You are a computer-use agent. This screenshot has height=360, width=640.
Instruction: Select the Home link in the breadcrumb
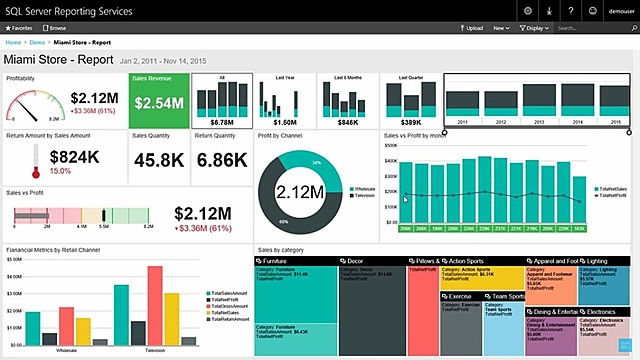pyautogui.click(x=14, y=44)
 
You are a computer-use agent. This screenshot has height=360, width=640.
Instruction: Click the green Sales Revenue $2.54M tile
pyautogui.click(x=157, y=101)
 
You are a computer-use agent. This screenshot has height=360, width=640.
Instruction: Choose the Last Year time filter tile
pyautogui.click(x=283, y=101)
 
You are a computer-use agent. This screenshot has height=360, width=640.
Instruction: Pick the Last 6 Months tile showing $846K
pyautogui.click(x=347, y=101)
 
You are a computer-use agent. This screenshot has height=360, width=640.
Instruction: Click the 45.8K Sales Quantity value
pyautogui.click(x=158, y=160)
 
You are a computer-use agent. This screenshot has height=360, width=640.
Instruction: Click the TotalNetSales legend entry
pyautogui.click(x=611, y=187)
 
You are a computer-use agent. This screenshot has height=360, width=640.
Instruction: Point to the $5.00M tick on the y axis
pyautogui.click(x=14, y=258)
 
